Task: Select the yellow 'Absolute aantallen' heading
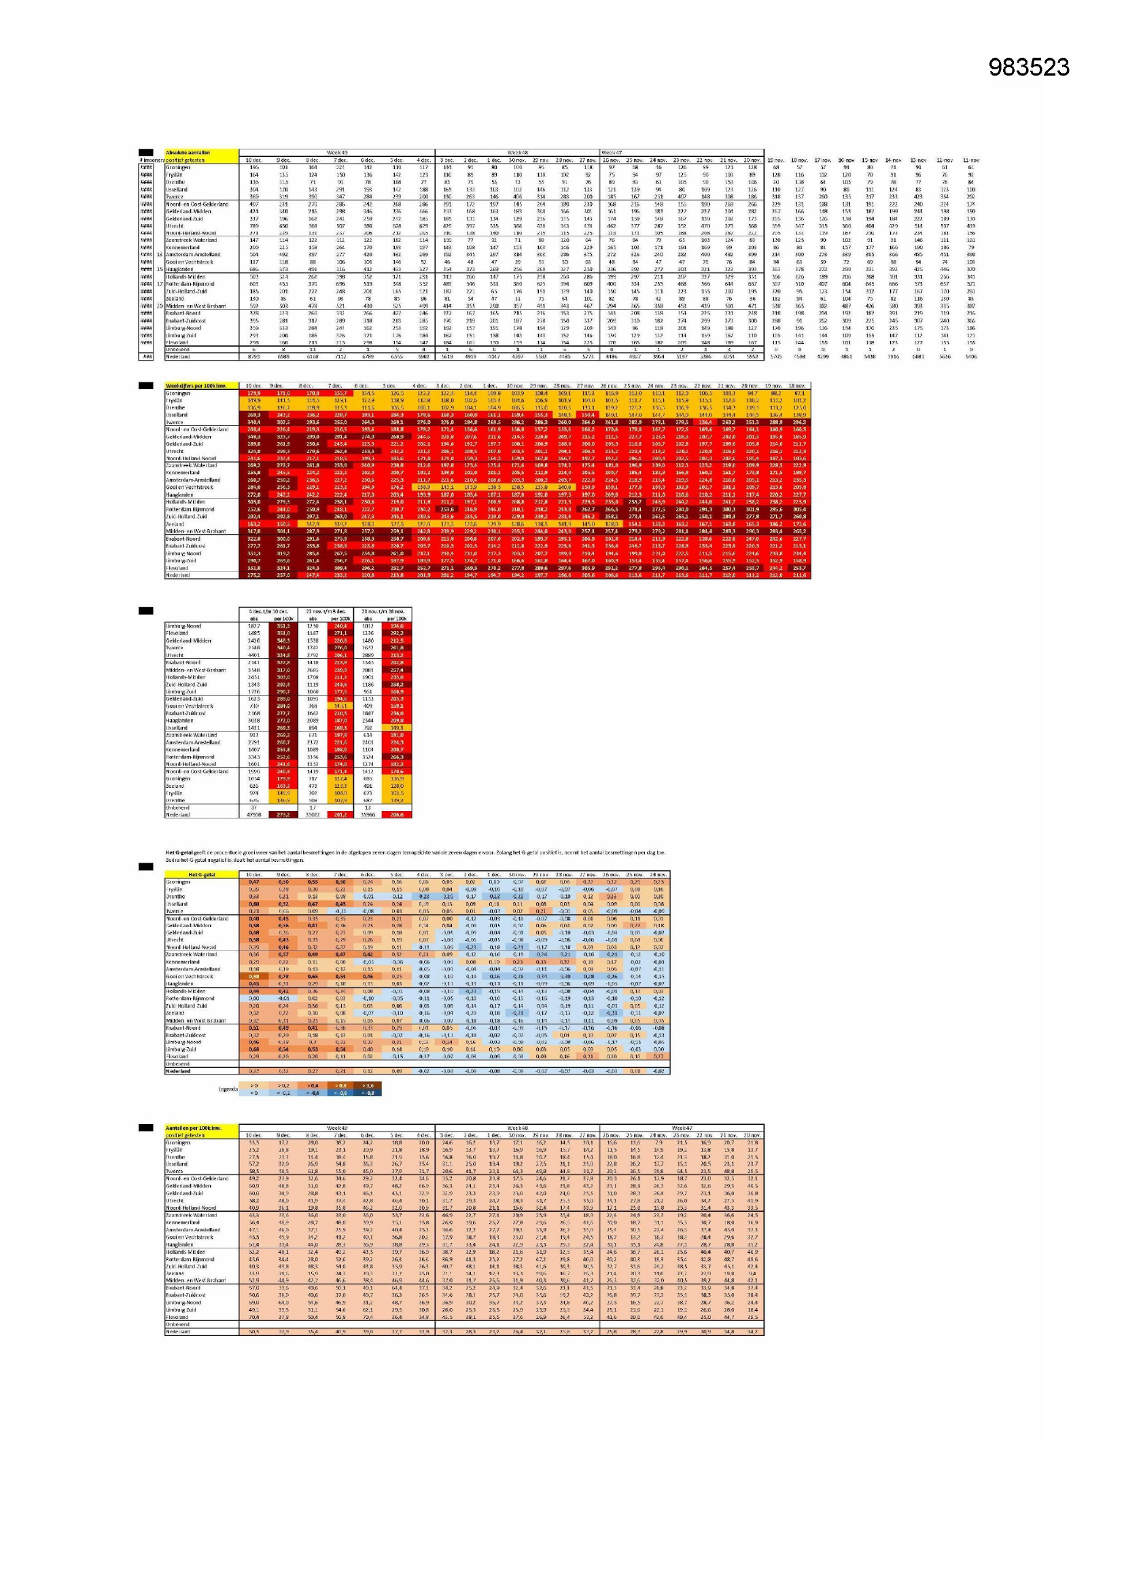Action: pyautogui.click(x=188, y=152)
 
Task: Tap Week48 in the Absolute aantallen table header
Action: pyautogui.click(x=517, y=152)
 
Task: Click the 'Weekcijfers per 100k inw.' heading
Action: pyautogui.click(x=196, y=385)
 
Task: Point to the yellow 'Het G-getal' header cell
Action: pyautogui.click(x=201, y=874)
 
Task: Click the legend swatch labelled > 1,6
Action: pyautogui.click(x=367, y=1085)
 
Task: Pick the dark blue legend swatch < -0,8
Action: pyautogui.click(x=367, y=1093)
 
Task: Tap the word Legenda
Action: pyautogui.click(x=228, y=1089)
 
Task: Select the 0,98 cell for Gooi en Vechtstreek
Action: pyautogui.click(x=254, y=977)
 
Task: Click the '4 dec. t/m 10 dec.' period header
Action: pyautogui.click(x=267, y=611)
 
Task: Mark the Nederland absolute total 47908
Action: pyautogui.click(x=253, y=815)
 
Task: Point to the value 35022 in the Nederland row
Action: pyautogui.click(x=312, y=815)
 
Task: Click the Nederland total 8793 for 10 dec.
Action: pyautogui.click(x=253, y=357)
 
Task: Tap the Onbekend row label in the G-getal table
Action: pyautogui.click(x=177, y=1064)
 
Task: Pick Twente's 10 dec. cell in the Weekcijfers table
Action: pyautogui.click(x=253, y=422)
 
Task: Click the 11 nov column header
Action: pyautogui.click(x=970, y=160)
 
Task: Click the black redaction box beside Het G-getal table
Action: pyautogui.click(x=145, y=867)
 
